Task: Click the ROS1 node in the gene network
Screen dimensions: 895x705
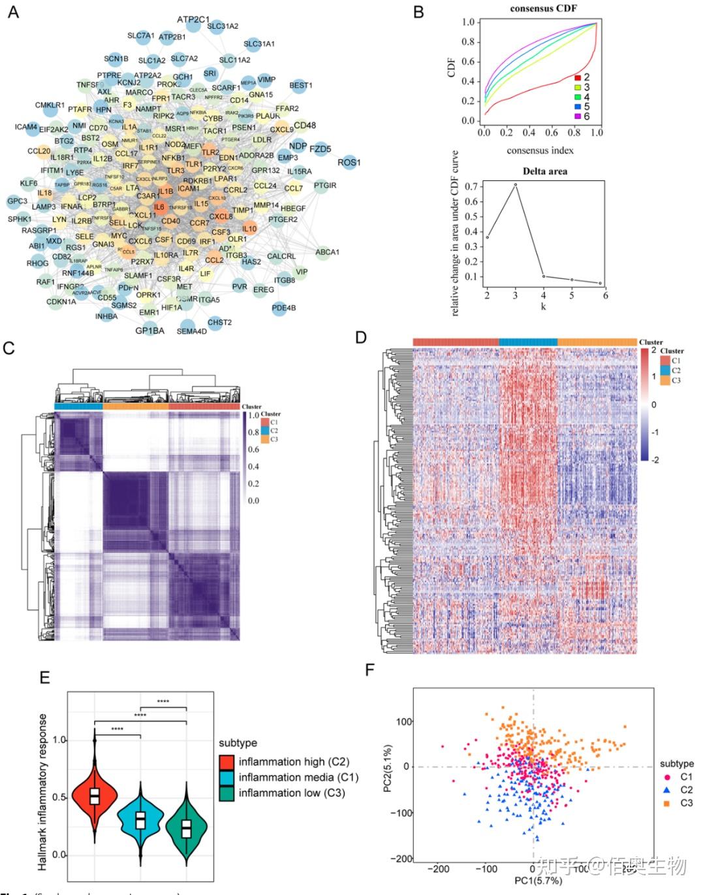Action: click(x=349, y=162)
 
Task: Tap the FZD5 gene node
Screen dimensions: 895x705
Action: click(x=320, y=149)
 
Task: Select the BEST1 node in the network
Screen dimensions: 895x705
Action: click(x=300, y=85)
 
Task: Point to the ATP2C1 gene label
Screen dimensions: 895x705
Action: click(x=193, y=20)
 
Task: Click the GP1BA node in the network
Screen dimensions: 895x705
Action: click(x=149, y=331)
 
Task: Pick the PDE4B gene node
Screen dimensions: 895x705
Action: click(x=284, y=308)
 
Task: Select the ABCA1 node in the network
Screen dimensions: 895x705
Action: click(x=327, y=252)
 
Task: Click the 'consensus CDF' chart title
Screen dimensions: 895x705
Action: click(x=543, y=8)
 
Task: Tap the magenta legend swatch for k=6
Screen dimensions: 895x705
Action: click(x=577, y=116)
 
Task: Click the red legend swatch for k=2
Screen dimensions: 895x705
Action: click(x=577, y=77)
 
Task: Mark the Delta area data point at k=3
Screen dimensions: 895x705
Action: click(x=515, y=184)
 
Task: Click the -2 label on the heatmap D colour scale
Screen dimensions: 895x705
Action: click(x=655, y=460)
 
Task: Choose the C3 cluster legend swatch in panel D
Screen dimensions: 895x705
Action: click(x=665, y=380)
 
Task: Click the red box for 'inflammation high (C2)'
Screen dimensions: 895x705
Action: click(x=227, y=762)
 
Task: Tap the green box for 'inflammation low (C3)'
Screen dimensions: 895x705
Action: click(x=227, y=793)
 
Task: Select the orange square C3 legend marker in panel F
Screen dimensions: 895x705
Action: click(x=666, y=803)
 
